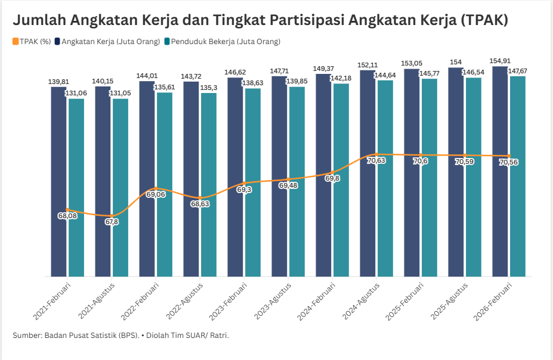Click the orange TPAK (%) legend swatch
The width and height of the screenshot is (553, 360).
coord(16,42)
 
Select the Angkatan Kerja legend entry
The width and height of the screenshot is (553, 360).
coord(107,42)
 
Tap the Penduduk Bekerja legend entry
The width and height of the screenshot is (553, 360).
coord(222,42)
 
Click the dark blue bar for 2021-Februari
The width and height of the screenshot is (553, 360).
coord(58,181)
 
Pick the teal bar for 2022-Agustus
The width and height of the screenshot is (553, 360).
coord(209,185)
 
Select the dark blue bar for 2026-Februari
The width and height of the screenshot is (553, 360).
coord(500,171)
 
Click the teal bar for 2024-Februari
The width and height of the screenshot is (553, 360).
coord(341,180)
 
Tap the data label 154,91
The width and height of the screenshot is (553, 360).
coord(500,61)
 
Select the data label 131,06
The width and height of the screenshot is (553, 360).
coord(76,93)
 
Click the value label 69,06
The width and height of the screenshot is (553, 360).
coord(156,194)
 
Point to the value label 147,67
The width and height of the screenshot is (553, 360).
coord(518,71)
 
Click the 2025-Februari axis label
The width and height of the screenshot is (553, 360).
coord(405,302)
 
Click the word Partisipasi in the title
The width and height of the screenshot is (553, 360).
coord(307,20)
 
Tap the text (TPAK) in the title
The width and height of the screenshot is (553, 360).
coord(484,20)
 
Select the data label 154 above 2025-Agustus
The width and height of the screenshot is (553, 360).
coord(456,62)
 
